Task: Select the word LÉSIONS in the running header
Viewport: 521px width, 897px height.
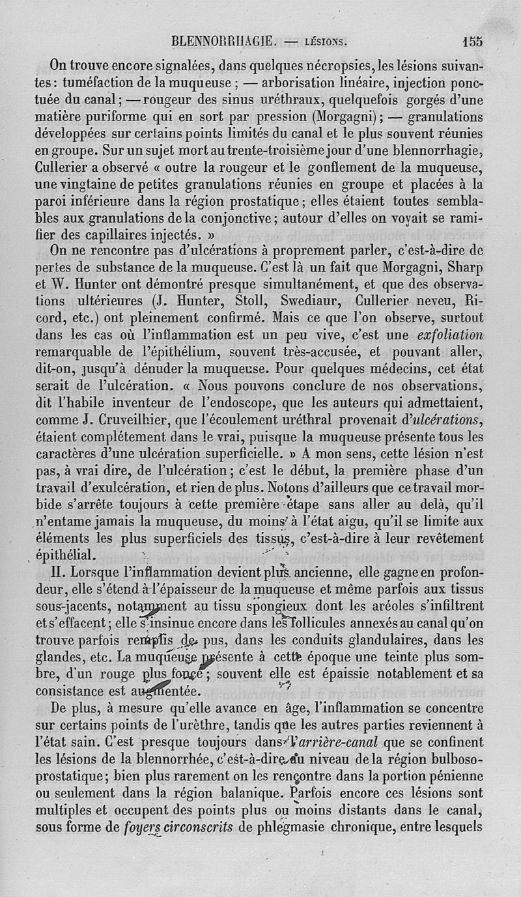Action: click(326, 43)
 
